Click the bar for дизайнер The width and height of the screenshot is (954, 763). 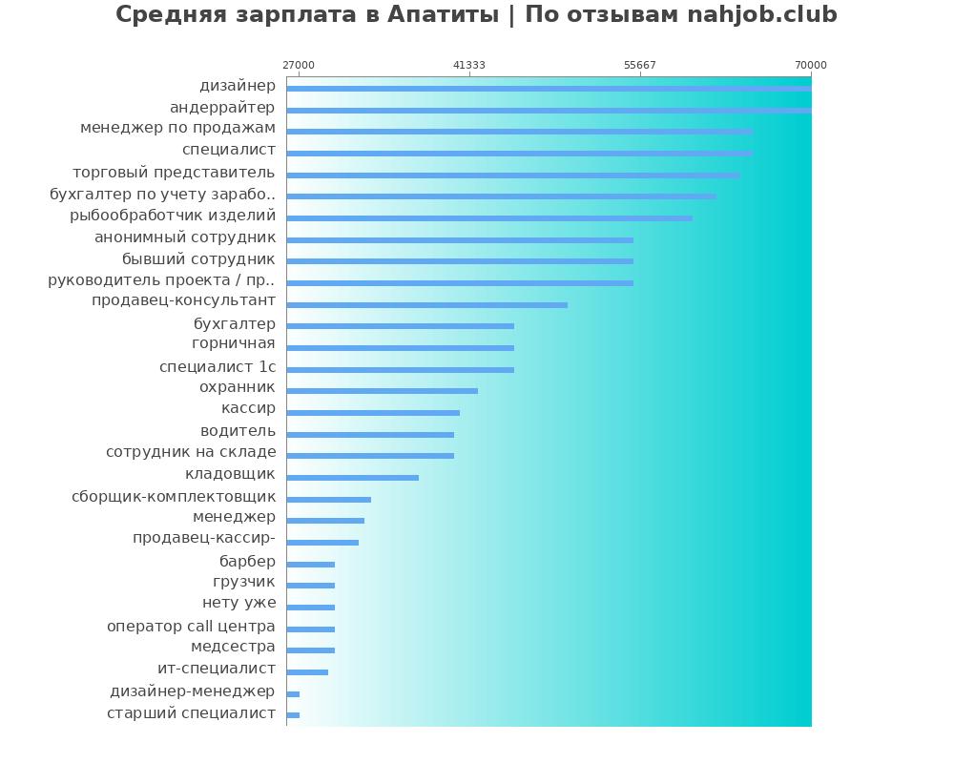point(549,89)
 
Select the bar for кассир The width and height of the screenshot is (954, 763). point(373,413)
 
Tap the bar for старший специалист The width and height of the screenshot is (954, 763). point(293,715)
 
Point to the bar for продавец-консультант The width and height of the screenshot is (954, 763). point(426,305)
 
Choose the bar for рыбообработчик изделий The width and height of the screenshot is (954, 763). point(489,218)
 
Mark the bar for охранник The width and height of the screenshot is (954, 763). point(382,391)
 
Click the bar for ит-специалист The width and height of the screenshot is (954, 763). point(307,672)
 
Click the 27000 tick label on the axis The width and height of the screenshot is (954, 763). point(299,65)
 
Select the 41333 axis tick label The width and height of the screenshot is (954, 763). point(469,65)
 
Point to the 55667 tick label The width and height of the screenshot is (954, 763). point(640,65)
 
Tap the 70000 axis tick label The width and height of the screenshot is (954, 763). point(811,65)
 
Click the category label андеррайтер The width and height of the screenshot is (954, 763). point(222,107)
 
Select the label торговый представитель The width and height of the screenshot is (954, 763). point(174,173)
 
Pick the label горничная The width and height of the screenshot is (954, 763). point(233,343)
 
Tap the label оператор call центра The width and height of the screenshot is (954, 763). point(191,627)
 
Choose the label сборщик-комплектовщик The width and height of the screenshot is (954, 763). point(174,496)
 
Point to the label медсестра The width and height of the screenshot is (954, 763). point(233,647)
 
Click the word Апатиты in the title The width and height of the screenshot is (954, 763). point(443,15)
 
